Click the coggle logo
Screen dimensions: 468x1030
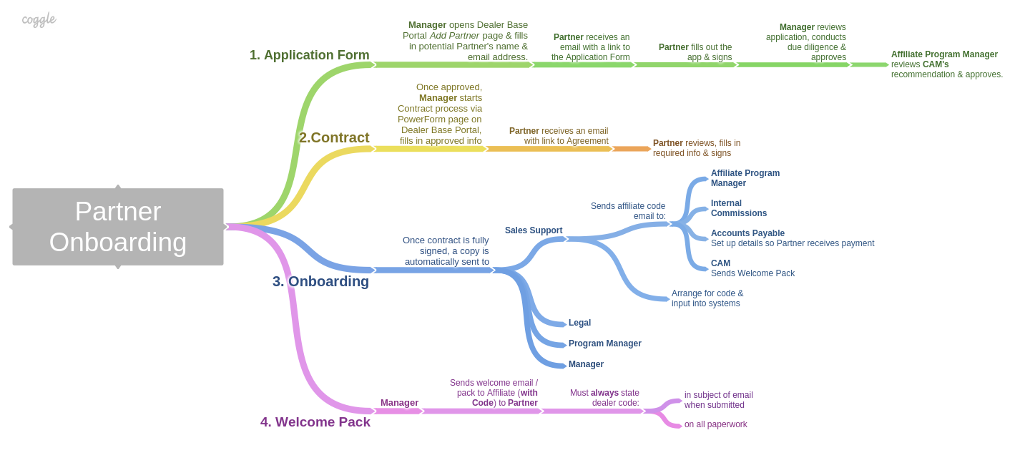point(39,19)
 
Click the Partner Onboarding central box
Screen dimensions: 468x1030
point(118,227)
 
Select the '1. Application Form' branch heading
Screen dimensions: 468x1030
point(309,55)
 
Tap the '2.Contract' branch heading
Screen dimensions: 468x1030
point(334,137)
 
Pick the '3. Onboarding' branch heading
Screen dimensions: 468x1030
point(320,281)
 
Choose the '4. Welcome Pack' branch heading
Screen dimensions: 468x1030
point(315,421)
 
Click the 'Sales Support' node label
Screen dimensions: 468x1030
point(534,230)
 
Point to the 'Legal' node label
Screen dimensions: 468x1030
point(579,323)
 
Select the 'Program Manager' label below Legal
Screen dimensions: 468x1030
point(604,343)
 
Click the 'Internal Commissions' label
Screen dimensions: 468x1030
point(738,208)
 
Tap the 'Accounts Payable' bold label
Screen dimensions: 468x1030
point(747,233)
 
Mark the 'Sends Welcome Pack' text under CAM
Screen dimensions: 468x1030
point(752,273)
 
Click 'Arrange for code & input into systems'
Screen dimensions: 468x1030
point(707,298)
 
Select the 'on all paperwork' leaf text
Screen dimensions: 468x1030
point(715,424)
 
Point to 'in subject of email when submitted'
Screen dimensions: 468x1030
point(718,400)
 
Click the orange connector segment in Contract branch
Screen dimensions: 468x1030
point(631,149)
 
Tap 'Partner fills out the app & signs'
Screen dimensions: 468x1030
point(695,52)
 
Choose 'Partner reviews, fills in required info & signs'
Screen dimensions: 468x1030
point(696,148)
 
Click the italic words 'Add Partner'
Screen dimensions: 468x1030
point(454,36)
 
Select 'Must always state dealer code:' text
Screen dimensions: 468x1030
point(604,398)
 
